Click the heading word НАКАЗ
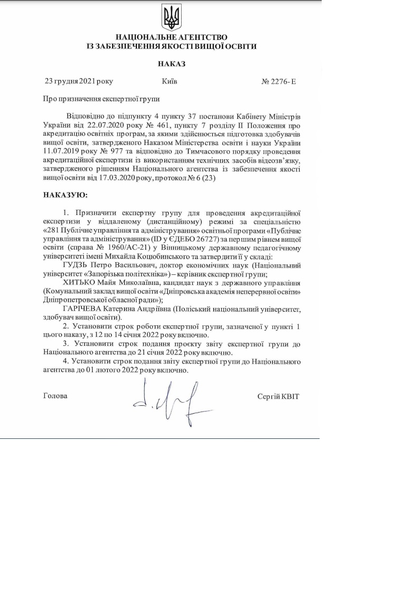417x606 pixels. (172, 64)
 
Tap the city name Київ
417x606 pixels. (170, 81)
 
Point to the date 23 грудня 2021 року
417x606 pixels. (78, 81)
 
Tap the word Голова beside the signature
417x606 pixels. (55, 396)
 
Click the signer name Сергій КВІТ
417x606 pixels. (278, 396)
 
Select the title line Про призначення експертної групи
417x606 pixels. (101, 99)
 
